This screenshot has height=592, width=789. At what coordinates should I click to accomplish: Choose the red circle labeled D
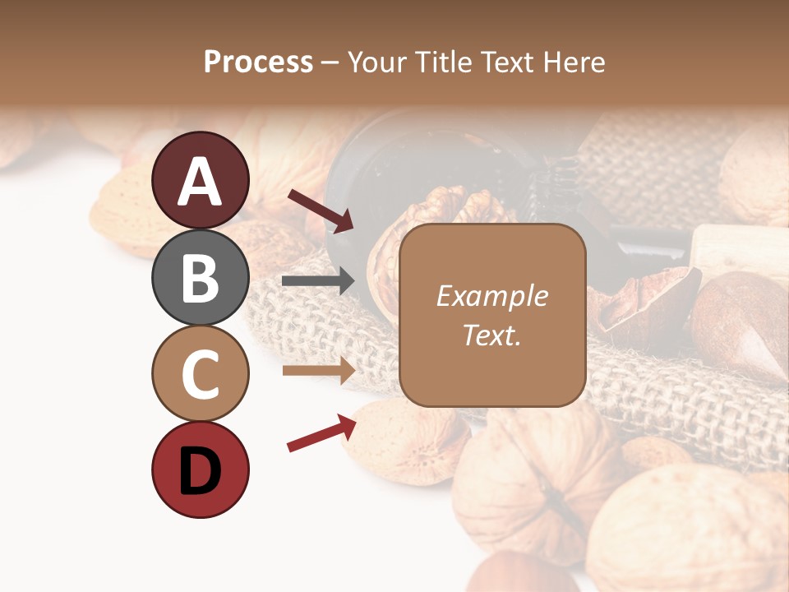[x=201, y=469]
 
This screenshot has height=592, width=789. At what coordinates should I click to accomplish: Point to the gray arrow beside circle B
[x=318, y=281]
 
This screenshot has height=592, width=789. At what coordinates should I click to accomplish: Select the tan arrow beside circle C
[x=318, y=370]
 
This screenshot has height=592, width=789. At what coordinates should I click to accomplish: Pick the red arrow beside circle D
[x=321, y=433]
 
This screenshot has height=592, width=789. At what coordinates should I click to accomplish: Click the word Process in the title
[x=258, y=62]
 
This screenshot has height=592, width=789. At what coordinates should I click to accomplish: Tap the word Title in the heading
[x=443, y=62]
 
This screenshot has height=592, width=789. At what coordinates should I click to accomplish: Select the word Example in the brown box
[x=492, y=296]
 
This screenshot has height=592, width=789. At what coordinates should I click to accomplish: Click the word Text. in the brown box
[x=492, y=335]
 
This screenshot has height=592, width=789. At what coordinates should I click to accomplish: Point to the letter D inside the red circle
[x=201, y=472]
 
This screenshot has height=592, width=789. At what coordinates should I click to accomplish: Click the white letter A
[x=201, y=182]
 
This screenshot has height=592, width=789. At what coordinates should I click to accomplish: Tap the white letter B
[x=201, y=278]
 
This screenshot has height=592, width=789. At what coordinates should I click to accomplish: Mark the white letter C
[x=201, y=374]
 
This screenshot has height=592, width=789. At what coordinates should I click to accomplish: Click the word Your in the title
[x=378, y=62]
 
